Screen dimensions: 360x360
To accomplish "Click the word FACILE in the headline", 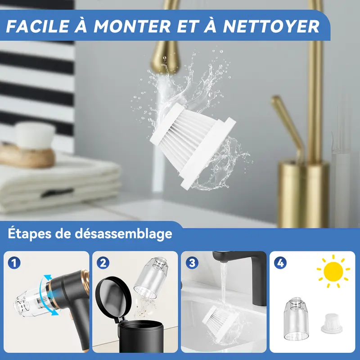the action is click(x=38, y=26).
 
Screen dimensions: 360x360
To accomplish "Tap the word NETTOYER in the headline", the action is click(x=271, y=26).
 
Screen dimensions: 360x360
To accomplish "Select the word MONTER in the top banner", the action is click(x=132, y=26).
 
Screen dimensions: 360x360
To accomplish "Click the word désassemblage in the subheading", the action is click(x=123, y=234).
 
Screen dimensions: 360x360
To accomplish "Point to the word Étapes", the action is click(x=30, y=234).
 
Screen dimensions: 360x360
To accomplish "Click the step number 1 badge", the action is click(x=14, y=263).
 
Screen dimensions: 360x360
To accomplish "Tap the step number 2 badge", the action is click(x=103, y=263).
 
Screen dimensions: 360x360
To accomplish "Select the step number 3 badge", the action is click(x=192, y=263).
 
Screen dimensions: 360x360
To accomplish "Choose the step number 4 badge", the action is click(x=280, y=263).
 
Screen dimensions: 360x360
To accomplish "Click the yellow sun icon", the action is click(x=333, y=271).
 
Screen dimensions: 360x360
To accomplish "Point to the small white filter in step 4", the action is click(x=332, y=324).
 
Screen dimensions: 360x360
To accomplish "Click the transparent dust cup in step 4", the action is click(x=296, y=319).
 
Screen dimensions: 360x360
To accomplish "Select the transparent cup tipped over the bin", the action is click(x=151, y=278).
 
